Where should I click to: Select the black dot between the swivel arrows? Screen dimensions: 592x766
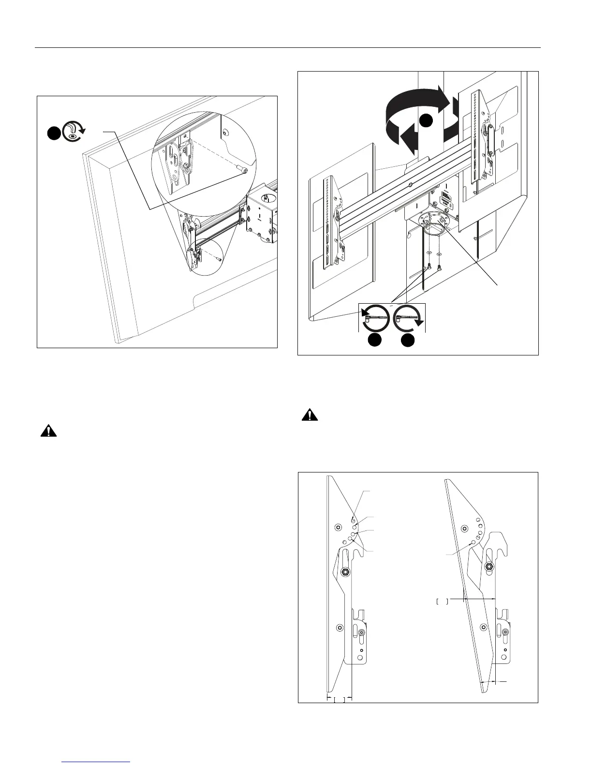point(425,120)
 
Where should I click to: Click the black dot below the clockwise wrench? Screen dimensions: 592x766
point(408,340)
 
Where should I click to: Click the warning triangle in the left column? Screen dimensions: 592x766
point(48,431)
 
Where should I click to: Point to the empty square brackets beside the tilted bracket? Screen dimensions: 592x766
point(443,602)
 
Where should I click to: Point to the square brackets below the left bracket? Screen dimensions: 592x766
point(339,699)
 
